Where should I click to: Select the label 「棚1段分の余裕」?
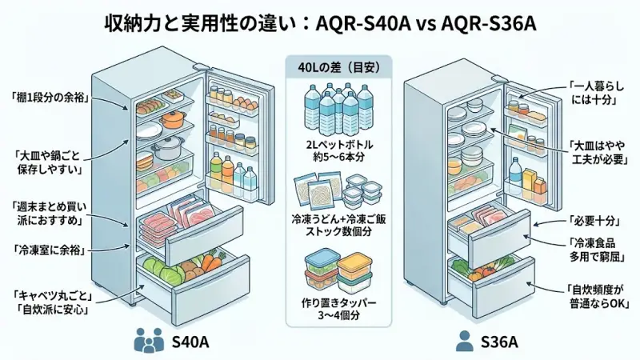pos(50,98)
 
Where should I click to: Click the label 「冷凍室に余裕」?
pos(50,250)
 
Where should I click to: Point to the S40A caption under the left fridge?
pos(190,342)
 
